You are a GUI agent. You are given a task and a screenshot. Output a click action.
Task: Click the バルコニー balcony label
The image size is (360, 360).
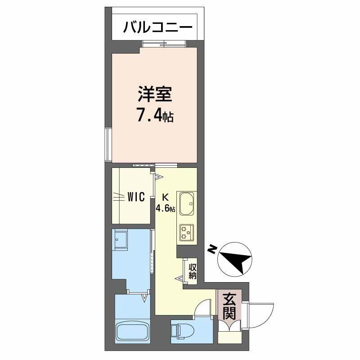click(x=158, y=27)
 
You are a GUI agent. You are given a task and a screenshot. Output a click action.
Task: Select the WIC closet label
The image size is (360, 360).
click(x=135, y=197)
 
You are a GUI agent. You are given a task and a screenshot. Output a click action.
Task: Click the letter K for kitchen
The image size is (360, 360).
click(x=165, y=197)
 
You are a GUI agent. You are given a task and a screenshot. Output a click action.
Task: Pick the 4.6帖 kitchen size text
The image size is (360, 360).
click(x=165, y=208)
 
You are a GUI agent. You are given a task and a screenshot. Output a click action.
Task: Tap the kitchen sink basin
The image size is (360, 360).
click(x=187, y=204)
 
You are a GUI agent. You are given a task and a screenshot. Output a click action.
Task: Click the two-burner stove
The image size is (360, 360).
click(x=187, y=232)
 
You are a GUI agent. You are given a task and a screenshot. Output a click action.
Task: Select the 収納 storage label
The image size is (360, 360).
click(x=193, y=271)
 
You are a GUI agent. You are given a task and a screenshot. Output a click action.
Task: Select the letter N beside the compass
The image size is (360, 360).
click(x=211, y=249)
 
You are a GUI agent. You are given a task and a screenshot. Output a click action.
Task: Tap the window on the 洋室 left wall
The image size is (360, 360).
click(x=108, y=144)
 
